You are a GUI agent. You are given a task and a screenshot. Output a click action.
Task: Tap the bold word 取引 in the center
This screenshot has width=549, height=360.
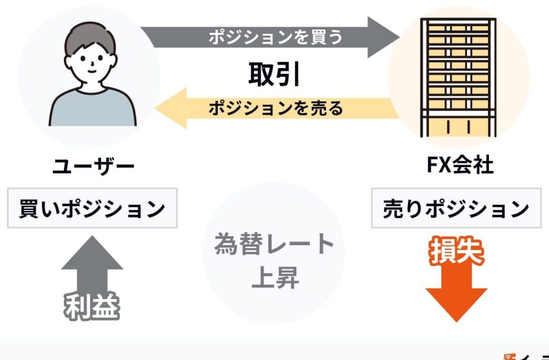tap(274, 75)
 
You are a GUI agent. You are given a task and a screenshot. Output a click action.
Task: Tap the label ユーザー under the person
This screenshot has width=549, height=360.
tap(93, 167)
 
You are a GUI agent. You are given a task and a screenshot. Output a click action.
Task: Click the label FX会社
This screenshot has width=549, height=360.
tap(459, 167)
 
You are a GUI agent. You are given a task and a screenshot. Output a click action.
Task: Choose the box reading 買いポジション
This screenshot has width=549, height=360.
tap(92, 208)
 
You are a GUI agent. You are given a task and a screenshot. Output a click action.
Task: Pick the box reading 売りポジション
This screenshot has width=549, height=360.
tap(456, 208)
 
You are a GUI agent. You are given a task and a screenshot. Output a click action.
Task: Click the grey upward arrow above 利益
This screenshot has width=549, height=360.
tap(92, 262)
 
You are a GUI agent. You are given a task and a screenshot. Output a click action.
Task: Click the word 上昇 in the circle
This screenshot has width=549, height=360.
tap(274, 279)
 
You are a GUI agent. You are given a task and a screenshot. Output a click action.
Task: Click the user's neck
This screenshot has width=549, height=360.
tap(92, 86)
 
